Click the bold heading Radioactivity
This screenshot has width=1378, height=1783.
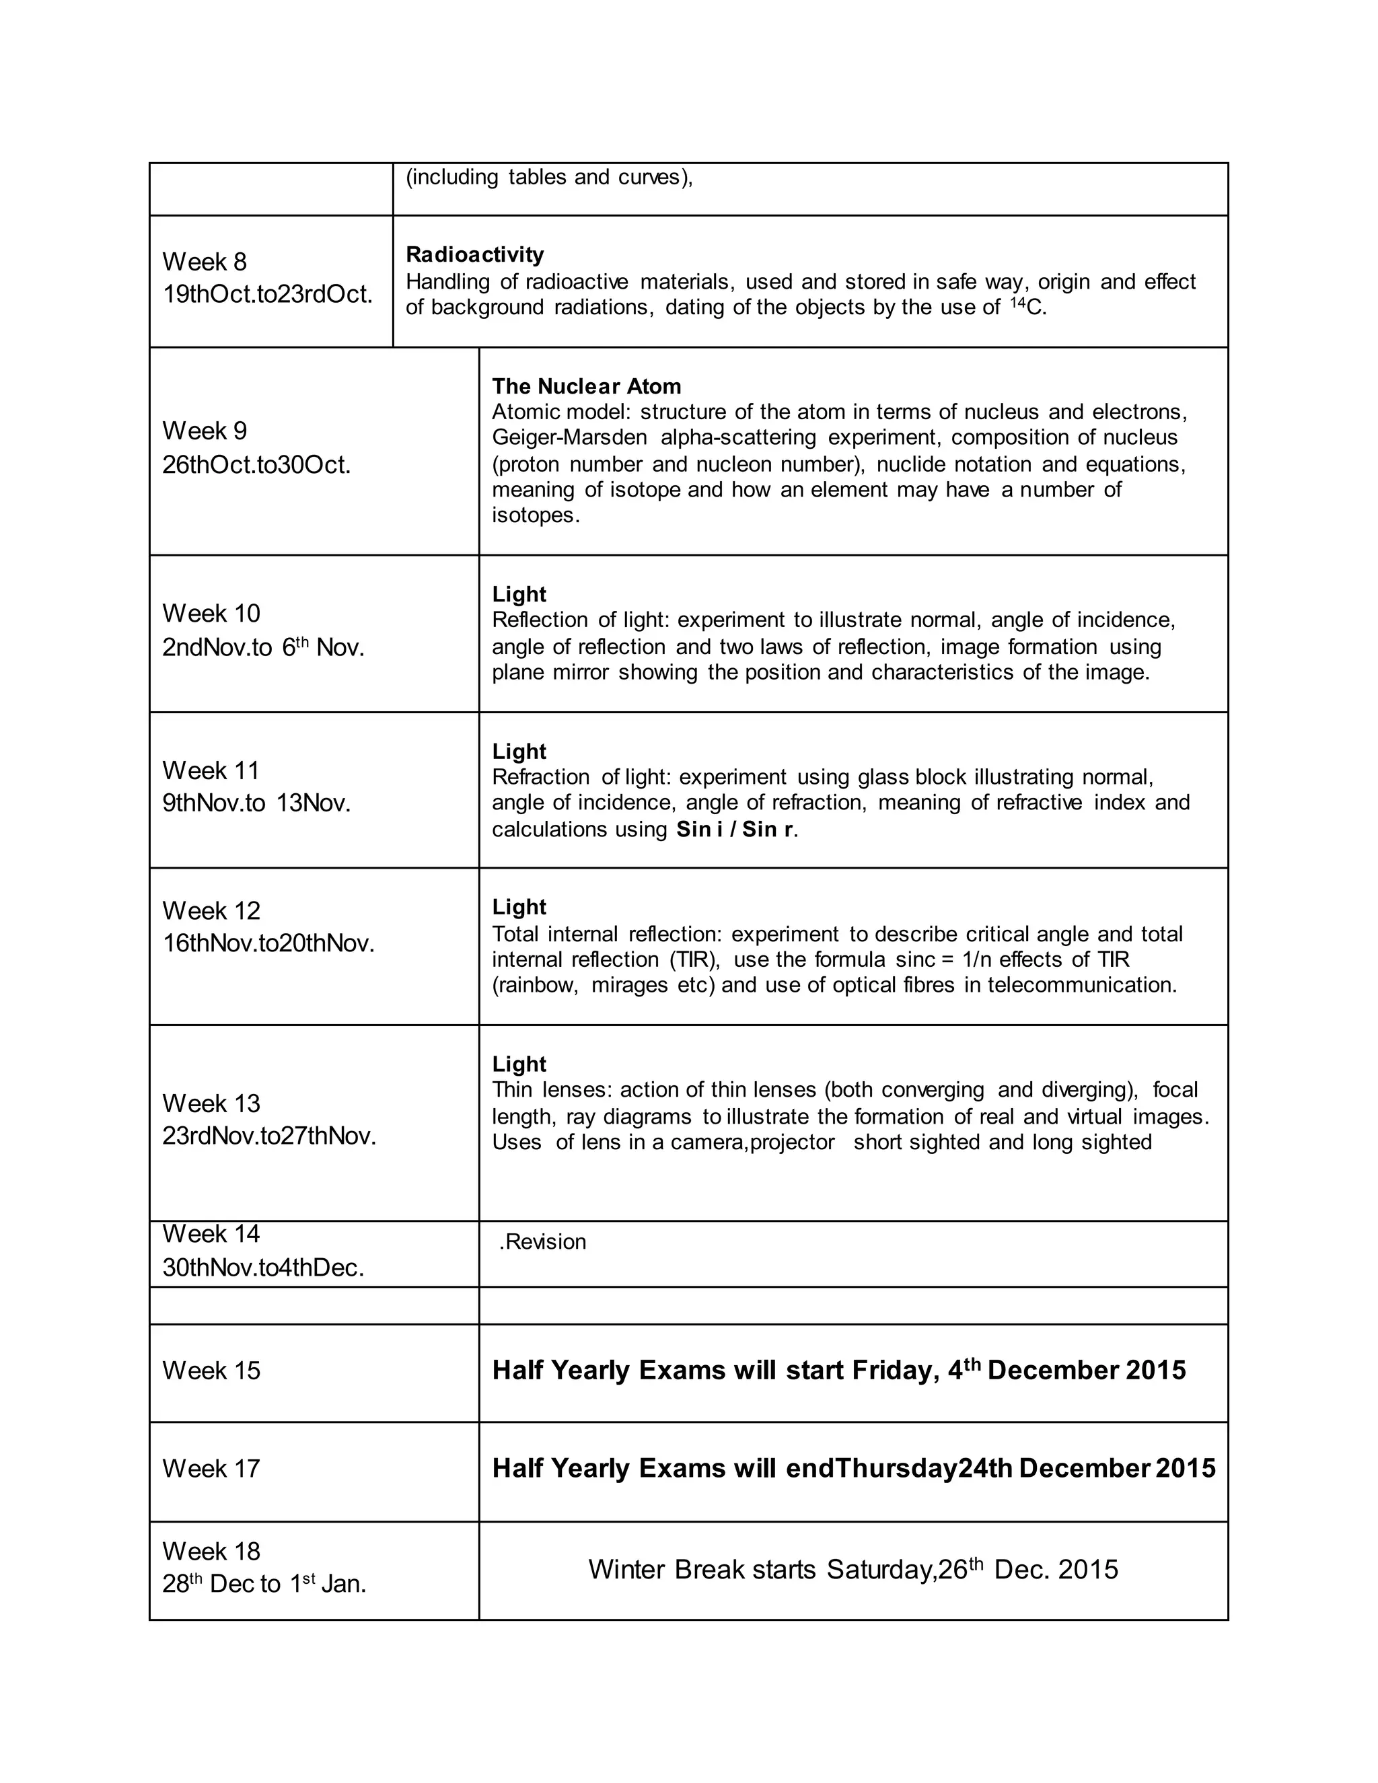pyautogui.click(x=474, y=255)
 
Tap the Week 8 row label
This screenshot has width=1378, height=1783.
pyautogui.click(x=204, y=261)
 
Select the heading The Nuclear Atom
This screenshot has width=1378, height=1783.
pyautogui.click(x=586, y=386)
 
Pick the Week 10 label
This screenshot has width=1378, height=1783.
pyautogui.click(x=211, y=613)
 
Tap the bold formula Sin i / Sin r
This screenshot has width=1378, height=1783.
pyautogui.click(x=735, y=830)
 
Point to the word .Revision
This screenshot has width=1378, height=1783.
pyautogui.click(x=542, y=1242)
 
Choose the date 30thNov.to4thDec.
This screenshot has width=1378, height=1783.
pyautogui.click(x=263, y=1268)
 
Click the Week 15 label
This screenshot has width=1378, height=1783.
pyautogui.click(x=211, y=1370)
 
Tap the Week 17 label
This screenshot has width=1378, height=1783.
pyautogui.click(x=211, y=1469)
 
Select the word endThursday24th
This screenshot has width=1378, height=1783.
pyautogui.click(x=899, y=1469)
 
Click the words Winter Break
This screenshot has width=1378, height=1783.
pyautogui.click(x=701, y=1569)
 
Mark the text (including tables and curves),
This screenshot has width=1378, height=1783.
pyautogui.click(x=548, y=177)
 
